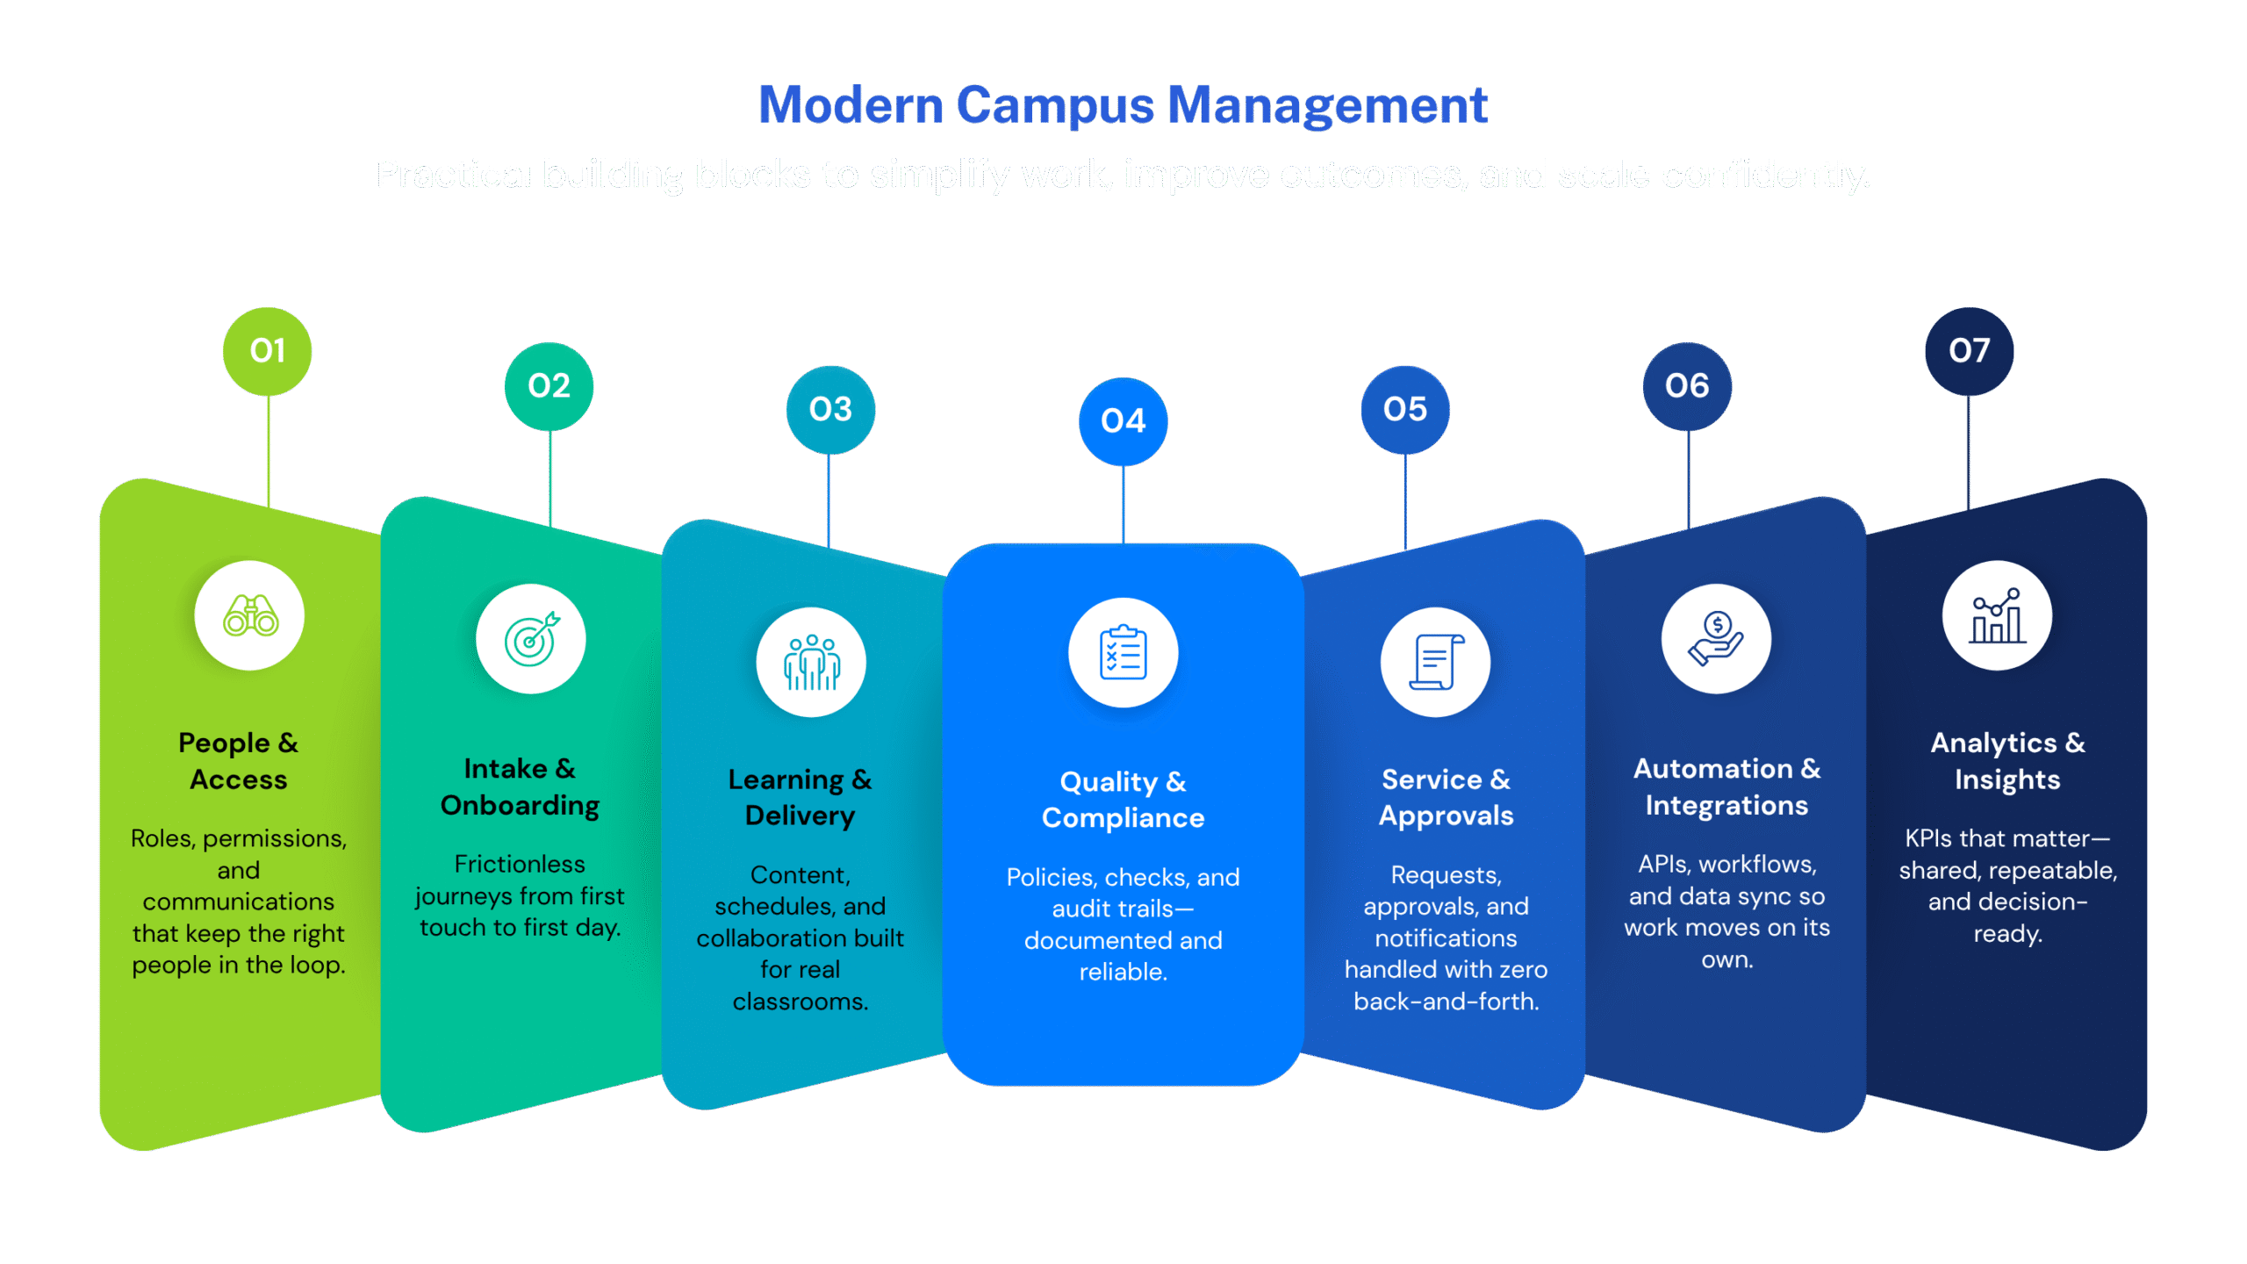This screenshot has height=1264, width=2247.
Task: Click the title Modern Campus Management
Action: tap(1123, 105)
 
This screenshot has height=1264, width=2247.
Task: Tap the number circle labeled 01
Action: tap(267, 351)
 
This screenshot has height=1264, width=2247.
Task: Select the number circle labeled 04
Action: tap(1123, 421)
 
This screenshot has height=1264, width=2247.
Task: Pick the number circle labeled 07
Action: tap(1969, 351)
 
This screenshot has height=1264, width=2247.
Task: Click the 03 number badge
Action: tap(830, 409)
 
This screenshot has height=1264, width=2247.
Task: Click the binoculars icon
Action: tap(250, 615)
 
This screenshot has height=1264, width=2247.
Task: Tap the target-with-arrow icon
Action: tap(531, 639)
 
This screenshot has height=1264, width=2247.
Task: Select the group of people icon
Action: tap(811, 662)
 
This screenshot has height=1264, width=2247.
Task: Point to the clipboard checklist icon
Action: tap(1123, 653)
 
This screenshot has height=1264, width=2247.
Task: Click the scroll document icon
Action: tap(1435, 662)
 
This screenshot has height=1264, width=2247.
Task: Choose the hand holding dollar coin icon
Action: tap(1716, 639)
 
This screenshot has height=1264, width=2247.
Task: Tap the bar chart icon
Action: tap(1997, 615)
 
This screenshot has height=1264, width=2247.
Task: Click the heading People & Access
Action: tap(239, 761)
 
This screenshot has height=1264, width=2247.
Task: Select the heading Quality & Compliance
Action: tap(1123, 800)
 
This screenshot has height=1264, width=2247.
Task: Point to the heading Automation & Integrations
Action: tap(1727, 786)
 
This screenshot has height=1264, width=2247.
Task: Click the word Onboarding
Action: tap(520, 806)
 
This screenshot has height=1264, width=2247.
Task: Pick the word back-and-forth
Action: tap(1446, 1002)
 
